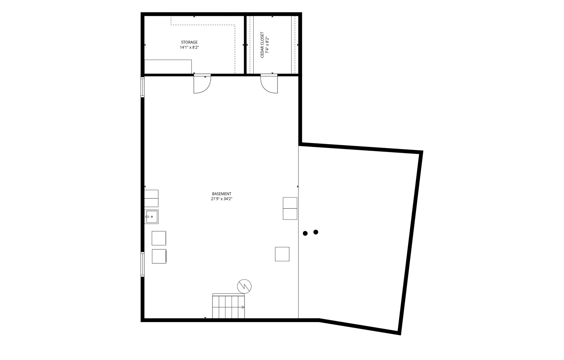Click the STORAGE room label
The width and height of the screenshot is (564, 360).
click(x=189, y=42)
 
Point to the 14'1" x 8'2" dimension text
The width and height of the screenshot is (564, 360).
click(x=189, y=47)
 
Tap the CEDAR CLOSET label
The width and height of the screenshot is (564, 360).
click(x=262, y=45)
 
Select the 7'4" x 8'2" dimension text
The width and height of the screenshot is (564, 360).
click(x=267, y=45)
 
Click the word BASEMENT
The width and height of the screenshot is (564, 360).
click(x=222, y=194)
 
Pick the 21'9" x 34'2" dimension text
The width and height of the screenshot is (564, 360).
click(x=222, y=199)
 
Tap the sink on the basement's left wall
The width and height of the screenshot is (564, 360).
click(x=151, y=217)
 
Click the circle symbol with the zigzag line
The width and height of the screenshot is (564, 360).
click(x=244, y=286)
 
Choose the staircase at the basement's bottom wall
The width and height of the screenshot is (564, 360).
click(x=229, y=306)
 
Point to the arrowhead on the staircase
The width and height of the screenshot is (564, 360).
click(x=243, y=307)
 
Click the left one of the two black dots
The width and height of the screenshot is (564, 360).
click(x=305, y=233)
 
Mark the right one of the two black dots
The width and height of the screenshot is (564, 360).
click(x=316, y=232)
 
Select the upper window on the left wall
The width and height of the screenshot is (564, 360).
click(x=143, y=87)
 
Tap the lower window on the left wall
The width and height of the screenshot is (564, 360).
click(x=143, y=264)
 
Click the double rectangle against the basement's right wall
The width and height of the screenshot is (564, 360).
click(x=290, y=208)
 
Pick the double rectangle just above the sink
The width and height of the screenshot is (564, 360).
click(x=151, y=198)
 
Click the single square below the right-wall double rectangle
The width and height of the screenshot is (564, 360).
click(x=282, y=254)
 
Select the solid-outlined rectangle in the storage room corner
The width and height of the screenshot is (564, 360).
click(x=168, y=67)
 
